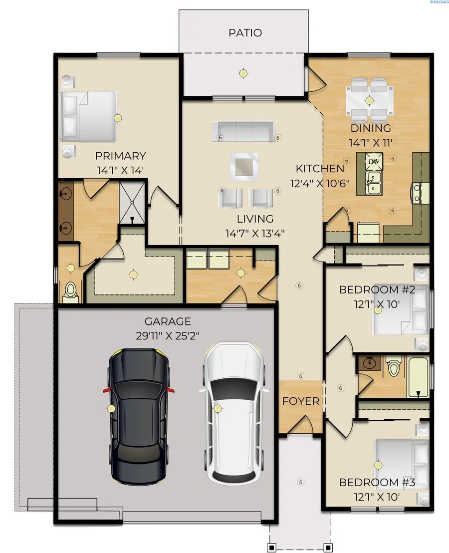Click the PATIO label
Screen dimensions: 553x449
pyautogui.click(x=245, y=33)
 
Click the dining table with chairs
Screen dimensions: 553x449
pyautogui.click(x=369, y=99)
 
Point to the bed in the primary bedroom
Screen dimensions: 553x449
pyautogui.click(x=89, y=116)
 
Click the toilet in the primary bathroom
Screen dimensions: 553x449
pyautogui.click(x=70, y=292)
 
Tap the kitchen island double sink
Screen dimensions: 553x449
pyautogui.click(x=373, y=183)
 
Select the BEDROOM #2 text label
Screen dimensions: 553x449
pyautogui.click(x=377, y=290)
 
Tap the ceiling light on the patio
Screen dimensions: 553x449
pyautogui.click(x=243, y=73)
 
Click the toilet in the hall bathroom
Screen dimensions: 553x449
pyautogui.click(x=394, y=368)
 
